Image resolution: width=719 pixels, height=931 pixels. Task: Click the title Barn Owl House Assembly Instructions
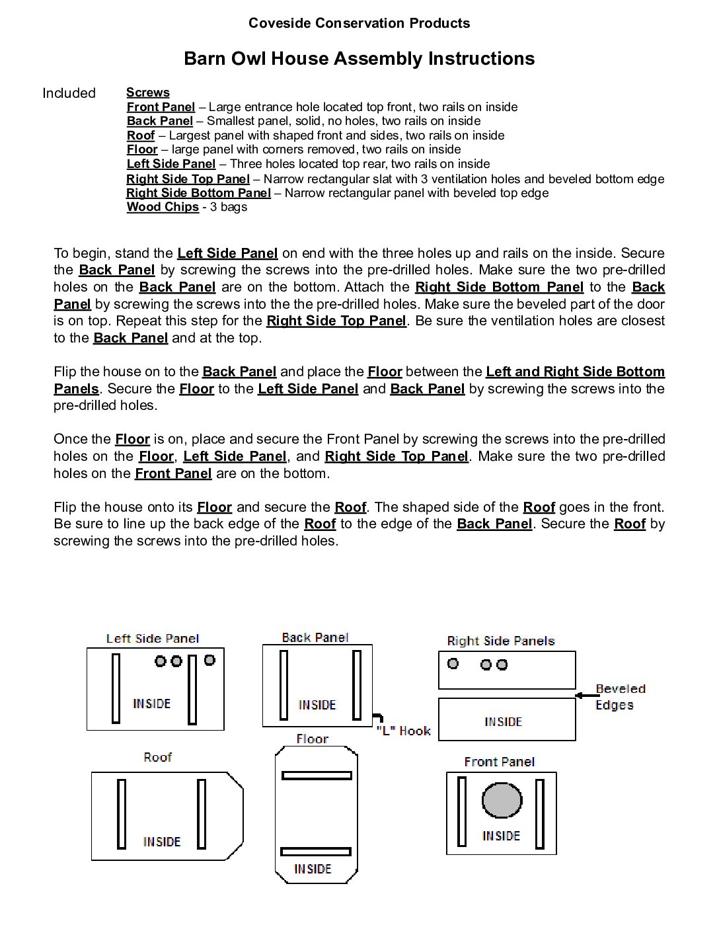pos(359,59)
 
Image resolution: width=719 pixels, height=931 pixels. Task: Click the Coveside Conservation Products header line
pos(359,23)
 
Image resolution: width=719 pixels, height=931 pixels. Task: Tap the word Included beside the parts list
pos(69,93)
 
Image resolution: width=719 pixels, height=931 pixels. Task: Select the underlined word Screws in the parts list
pos(148,93)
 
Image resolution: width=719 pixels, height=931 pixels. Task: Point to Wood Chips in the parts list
pos(163,207)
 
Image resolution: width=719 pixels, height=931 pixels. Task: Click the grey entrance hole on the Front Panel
pos(502,800)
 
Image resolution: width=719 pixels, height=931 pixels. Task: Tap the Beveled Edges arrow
pos(587,695)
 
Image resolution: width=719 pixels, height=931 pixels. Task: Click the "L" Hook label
pos(403,731)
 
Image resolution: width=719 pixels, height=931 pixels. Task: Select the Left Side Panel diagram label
pos(153,639)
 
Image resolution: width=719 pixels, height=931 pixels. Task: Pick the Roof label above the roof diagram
pos(157,757)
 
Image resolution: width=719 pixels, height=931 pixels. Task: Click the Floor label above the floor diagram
pos(312,739)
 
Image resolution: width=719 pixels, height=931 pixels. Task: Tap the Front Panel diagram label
pos(499,762)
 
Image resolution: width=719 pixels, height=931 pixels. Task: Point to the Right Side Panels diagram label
pos(500,641)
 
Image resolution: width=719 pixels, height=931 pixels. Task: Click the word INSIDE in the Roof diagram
pos(162,842)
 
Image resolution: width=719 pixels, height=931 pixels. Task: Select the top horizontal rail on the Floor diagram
pos(317,776)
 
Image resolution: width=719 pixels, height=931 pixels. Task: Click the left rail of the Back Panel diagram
pos(284,685)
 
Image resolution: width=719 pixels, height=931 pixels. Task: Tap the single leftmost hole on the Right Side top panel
pos(453,663)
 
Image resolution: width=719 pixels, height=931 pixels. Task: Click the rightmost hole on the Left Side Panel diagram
pos(209,660)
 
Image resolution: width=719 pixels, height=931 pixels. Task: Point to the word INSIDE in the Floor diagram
pos(313,869)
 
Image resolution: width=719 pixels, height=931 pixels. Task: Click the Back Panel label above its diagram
pos(315,637)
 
